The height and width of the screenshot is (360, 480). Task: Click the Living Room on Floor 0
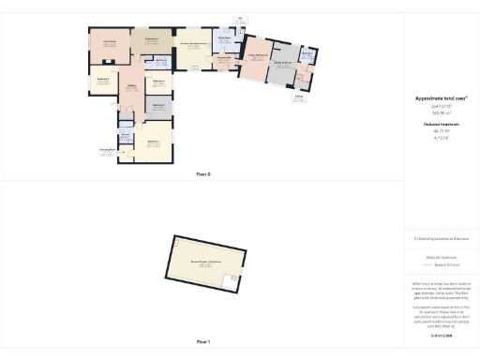click(108, 44)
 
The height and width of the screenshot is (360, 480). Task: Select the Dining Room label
click(150, 40)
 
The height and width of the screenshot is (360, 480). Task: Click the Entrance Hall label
click(224, 59)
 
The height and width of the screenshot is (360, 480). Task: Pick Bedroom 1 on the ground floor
click(153, 142)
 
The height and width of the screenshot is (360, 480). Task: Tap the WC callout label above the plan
click(241, 21)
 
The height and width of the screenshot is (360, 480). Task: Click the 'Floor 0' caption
click(202, 174)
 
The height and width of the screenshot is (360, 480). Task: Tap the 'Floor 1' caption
click(202, 342)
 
